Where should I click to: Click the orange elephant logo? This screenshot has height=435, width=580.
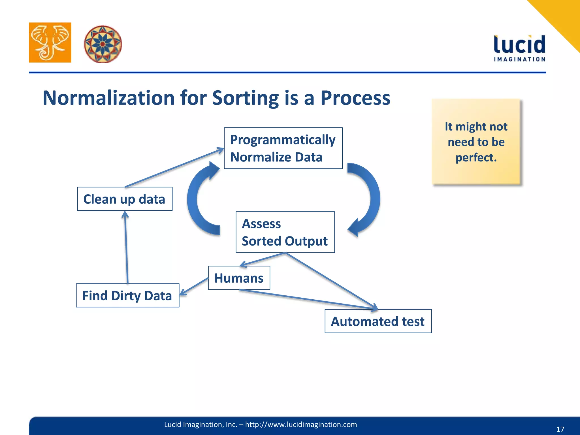50,42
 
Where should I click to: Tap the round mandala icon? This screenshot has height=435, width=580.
103,44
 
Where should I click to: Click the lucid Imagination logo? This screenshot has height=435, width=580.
519,48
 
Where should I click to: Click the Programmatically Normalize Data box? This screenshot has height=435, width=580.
283,148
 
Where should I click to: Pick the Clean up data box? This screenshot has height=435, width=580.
125,199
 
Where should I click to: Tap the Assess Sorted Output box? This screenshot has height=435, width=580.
285,232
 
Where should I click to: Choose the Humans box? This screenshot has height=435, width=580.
239,278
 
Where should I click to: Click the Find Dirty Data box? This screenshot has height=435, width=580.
127,295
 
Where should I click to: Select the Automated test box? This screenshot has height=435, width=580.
378,321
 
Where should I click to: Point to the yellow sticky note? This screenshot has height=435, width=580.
476,142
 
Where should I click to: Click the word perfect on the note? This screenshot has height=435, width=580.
476,157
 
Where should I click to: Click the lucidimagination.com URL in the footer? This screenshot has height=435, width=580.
301,425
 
